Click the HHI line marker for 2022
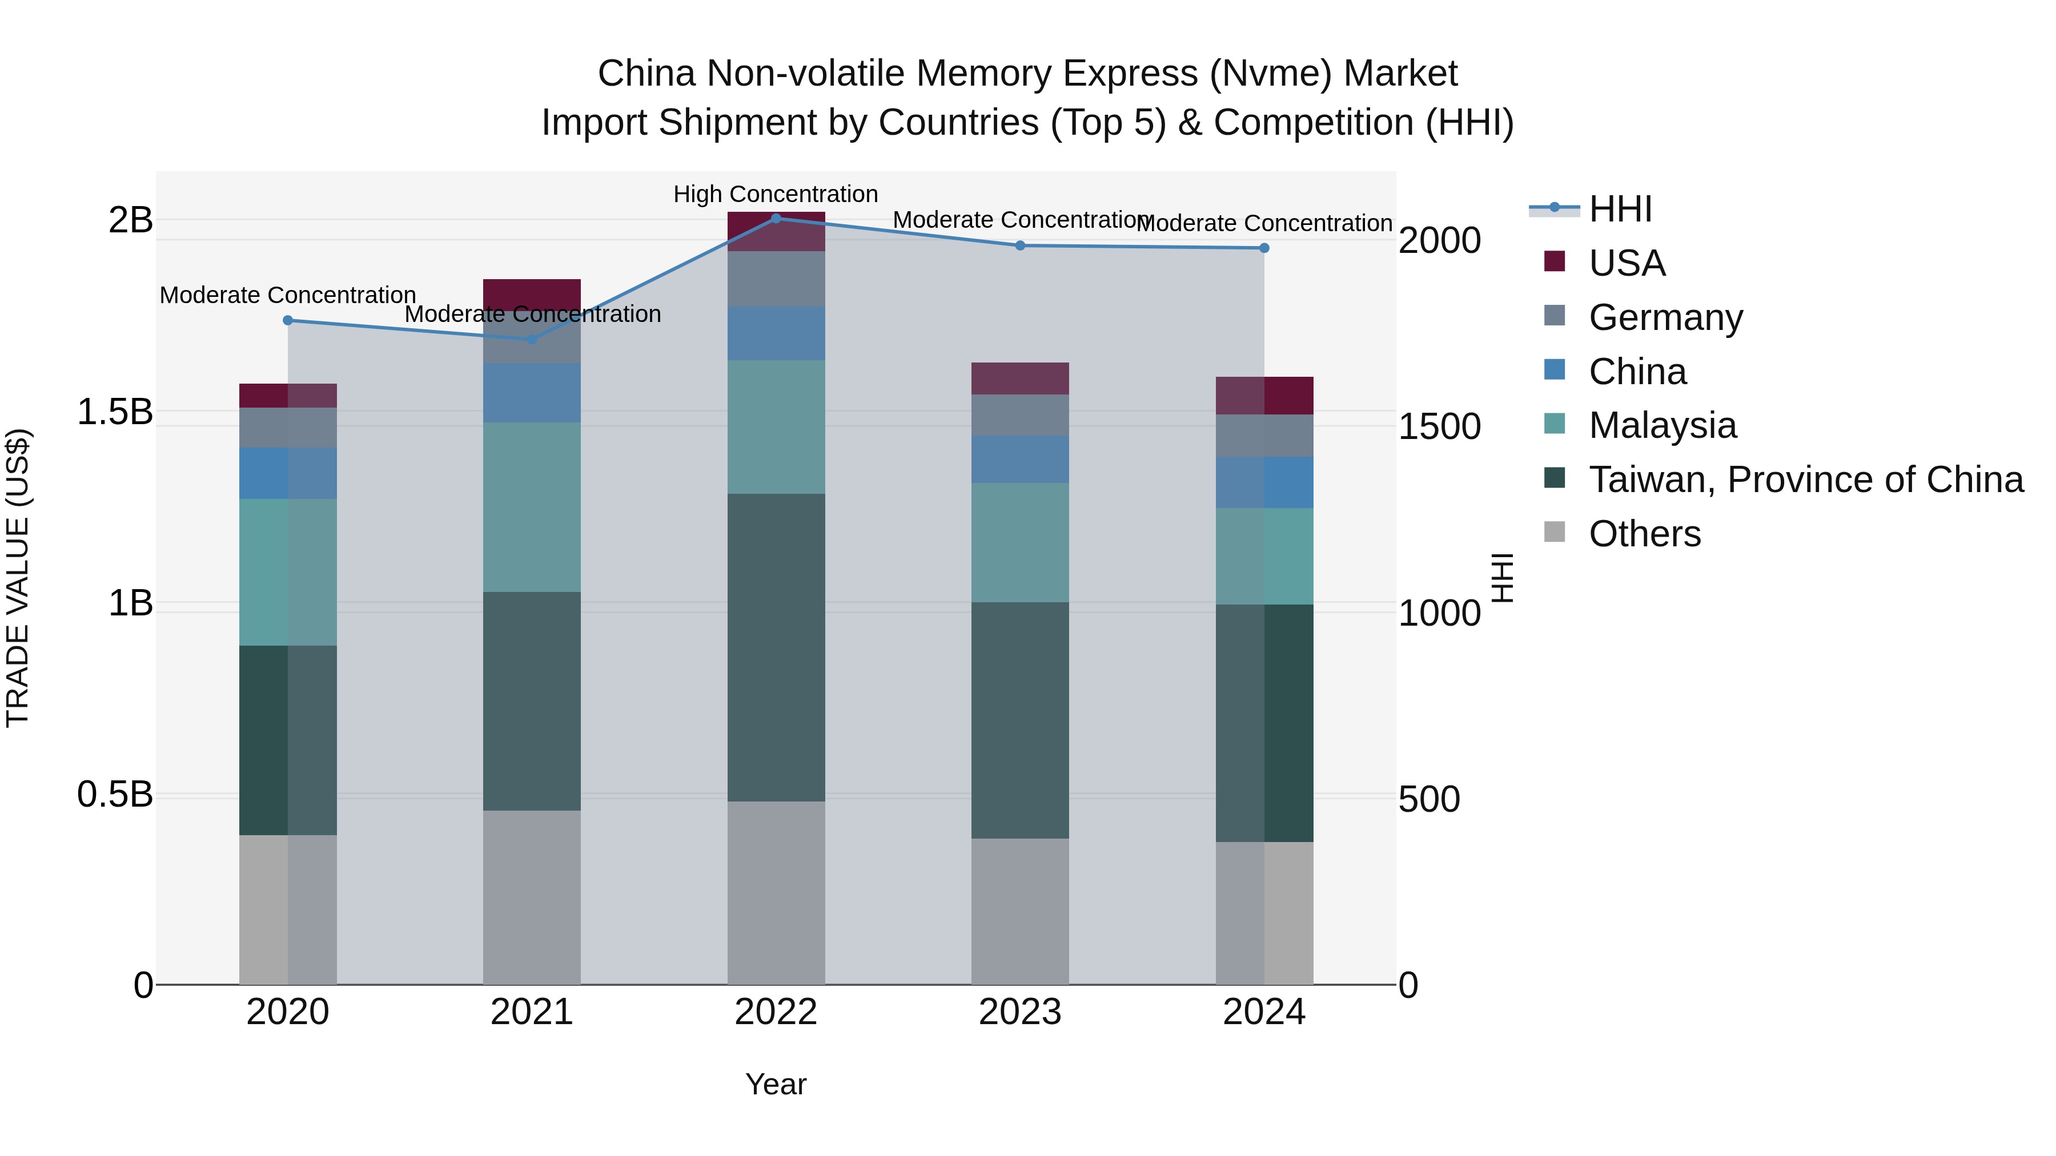(776, 219)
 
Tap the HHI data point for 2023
(1020, 245)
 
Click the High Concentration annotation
(775, 194)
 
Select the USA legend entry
(1627, 263)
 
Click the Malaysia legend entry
(1662, 425)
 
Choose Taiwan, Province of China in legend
(1805, 480)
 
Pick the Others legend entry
(1644, 534)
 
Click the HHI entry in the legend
(1620, 209)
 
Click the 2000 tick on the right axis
(1439, 240)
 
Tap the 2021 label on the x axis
(532, 1012)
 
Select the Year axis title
(776, 1084)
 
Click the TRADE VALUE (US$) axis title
(18, 578)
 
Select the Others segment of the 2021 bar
(532, 897)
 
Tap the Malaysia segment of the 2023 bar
(1020, 542)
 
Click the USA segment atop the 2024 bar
(1264, 396)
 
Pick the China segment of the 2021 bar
(532, 393)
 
